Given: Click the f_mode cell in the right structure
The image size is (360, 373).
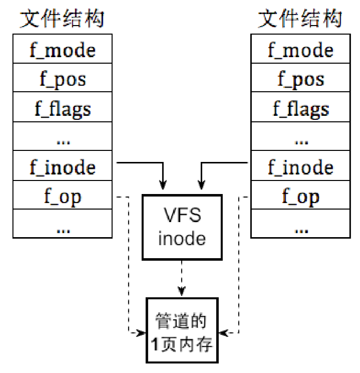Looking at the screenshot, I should click(x=300, y=50).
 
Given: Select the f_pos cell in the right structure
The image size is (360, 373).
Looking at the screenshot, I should click(x=300, y=79).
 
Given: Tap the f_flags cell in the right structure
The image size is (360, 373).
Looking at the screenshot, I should click(x=300, y=108).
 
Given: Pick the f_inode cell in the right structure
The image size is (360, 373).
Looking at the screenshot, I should click(x=300, y=167).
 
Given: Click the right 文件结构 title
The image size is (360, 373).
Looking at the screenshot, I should click(x=300, y=19).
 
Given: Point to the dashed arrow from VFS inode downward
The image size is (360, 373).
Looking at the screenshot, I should click(x=182, y=278).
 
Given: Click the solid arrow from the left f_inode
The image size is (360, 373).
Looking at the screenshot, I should click(x=145, y=163).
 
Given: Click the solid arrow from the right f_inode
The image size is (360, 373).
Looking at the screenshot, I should click(x=220, y=163).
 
